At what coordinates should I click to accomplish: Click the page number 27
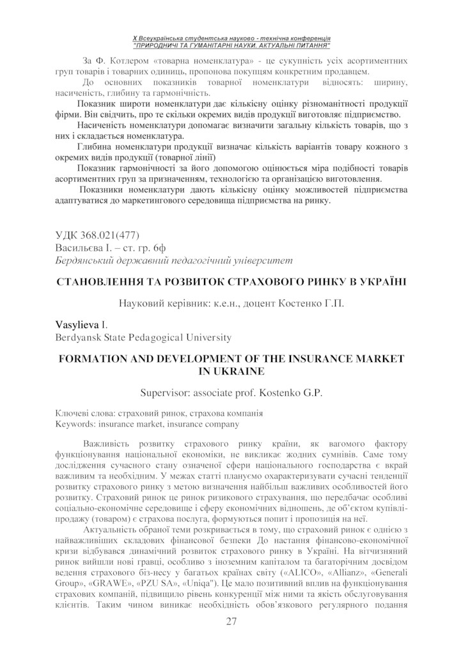pyautogui.click(x=231, y=622)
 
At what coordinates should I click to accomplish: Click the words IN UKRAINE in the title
pyautogui.click(x=231, y=370)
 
